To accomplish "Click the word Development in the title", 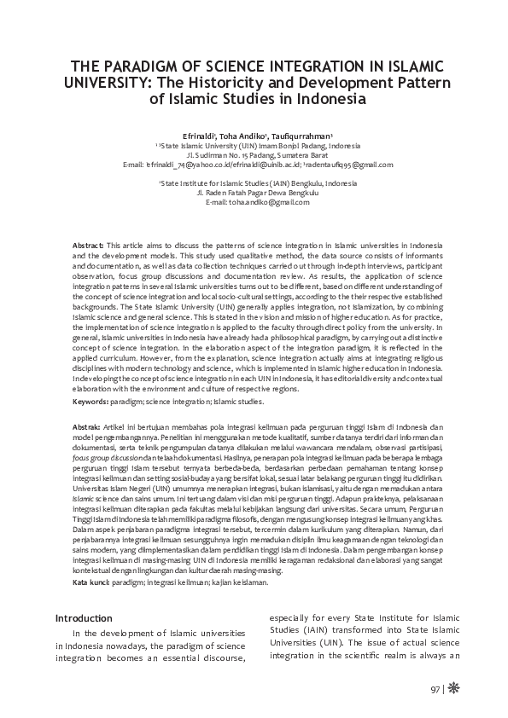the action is click(330, 83).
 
